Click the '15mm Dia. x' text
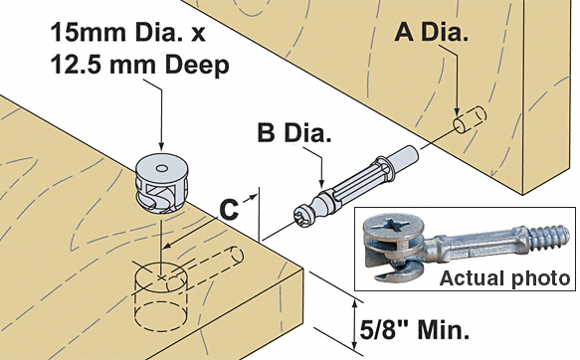pos(127,32)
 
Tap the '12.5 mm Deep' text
pos(139,65)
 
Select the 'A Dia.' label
pos(432,32)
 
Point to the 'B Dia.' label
pos(294,132)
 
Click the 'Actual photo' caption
pos(505,277)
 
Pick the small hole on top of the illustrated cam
pos(161,169)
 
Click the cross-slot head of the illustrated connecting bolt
pos(302,219)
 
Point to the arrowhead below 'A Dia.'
pos(458,112)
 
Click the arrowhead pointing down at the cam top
pos(161,146)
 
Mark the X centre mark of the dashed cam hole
pos(161,276)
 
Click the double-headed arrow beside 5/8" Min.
pos(354,324)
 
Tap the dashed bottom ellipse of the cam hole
pos(160,314)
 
